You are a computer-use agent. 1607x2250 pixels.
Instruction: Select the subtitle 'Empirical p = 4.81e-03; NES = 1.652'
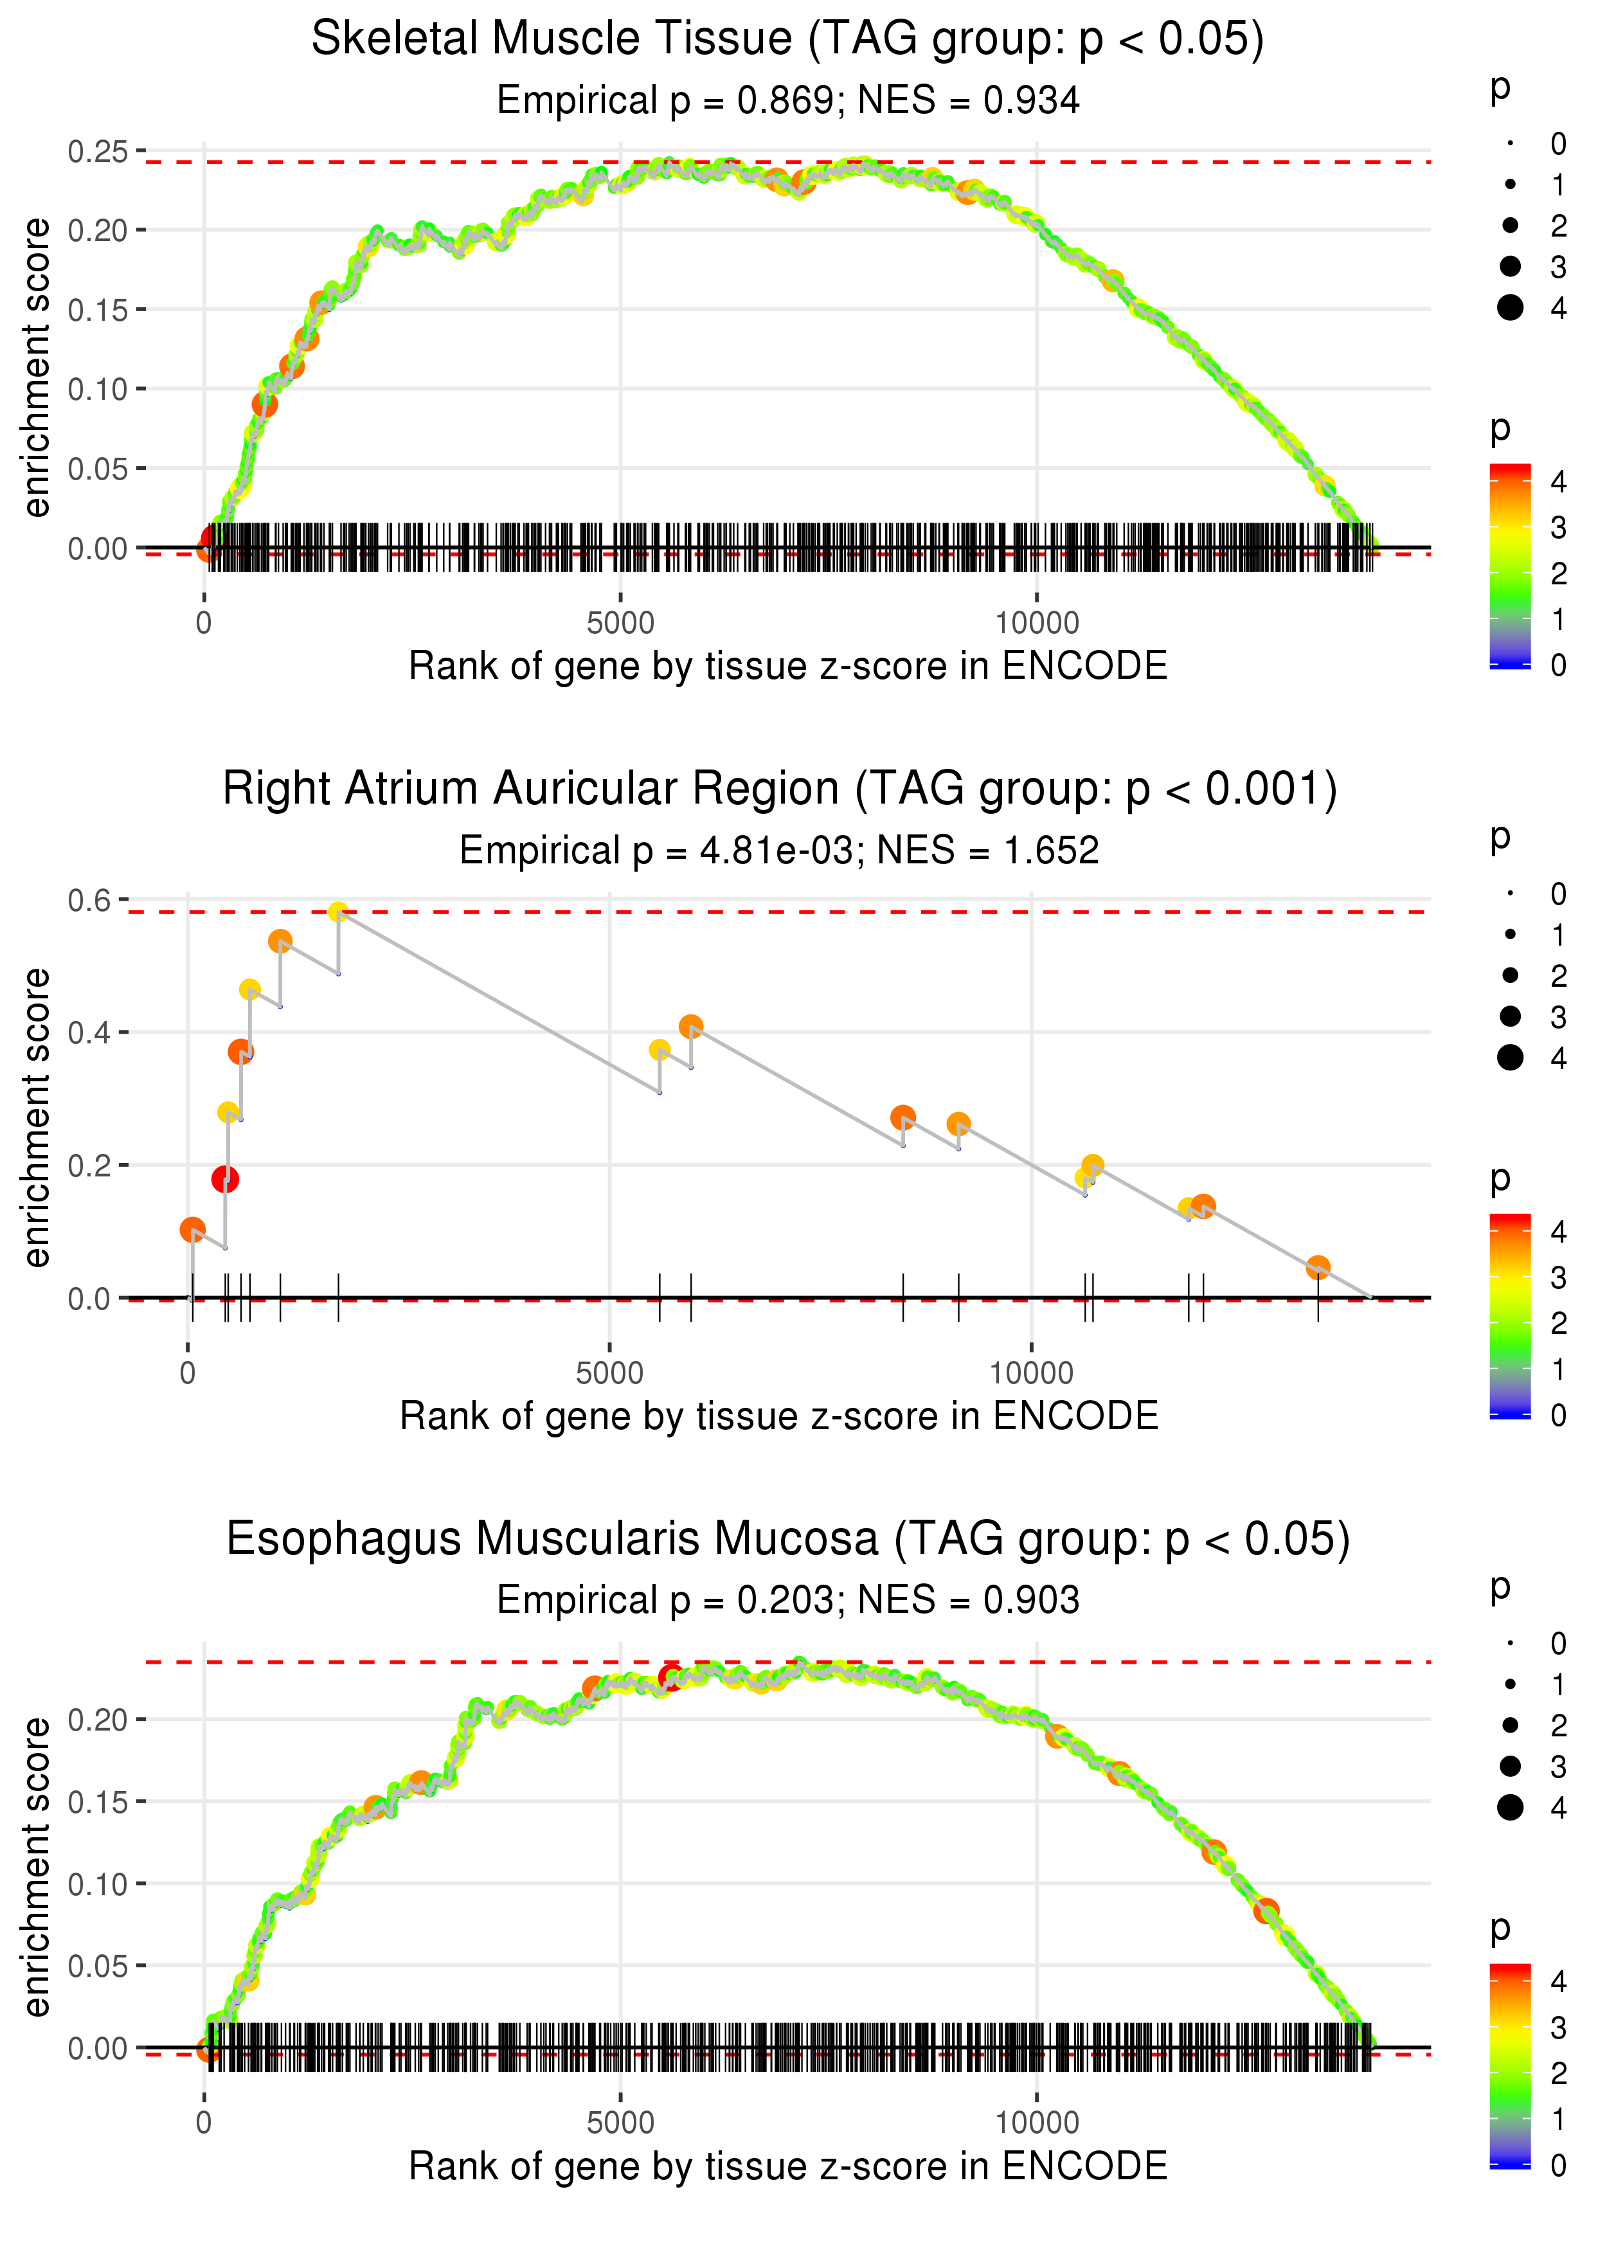click(779, 850)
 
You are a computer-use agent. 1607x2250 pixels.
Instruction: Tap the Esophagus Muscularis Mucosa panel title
click(787, 1538)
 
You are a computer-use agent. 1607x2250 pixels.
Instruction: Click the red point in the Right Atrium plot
click(224, 1180)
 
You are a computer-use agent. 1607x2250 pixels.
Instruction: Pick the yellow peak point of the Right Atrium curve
click(338, 912)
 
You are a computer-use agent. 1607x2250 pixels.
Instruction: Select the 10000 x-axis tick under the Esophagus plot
click(1036, 2121)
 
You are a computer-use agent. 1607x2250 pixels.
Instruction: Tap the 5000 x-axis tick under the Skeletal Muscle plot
click(620, 624)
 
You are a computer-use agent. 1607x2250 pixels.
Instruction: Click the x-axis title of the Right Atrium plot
click(779, 1416)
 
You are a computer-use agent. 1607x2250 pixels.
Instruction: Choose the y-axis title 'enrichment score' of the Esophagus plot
click(37, 1866)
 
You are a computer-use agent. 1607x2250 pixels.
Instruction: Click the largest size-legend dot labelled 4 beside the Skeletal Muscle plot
click(1510, 308)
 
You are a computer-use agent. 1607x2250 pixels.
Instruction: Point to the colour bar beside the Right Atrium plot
click(1510, 1316)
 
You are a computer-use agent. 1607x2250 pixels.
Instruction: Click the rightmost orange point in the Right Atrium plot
click(1317, 1268)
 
